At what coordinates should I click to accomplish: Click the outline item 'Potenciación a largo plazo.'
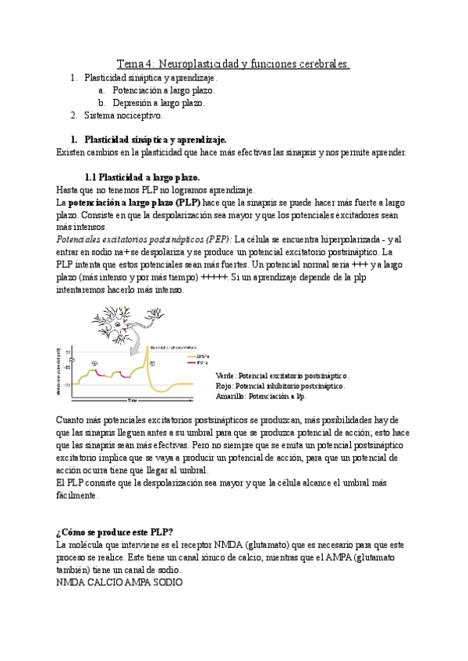pos(163,90)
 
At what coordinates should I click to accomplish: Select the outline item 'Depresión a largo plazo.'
pos(158,103)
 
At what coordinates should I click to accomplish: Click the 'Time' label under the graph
pos(132,400)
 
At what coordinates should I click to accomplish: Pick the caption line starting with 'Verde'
pos(282,376)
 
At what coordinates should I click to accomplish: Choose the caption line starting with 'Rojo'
pos(280,386)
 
